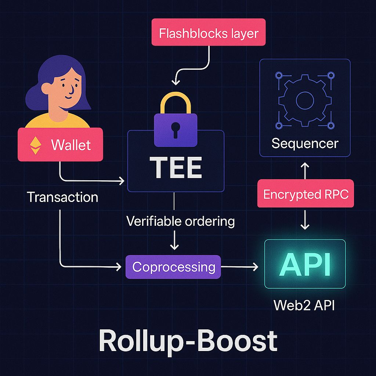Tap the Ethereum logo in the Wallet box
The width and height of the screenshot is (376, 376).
[36, 145]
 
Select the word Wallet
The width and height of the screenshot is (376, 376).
[71, 145]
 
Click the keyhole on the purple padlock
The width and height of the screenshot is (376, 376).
[175, 129]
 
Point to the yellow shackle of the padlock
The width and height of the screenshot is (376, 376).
[176, 101]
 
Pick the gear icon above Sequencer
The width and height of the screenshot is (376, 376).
[304, 101]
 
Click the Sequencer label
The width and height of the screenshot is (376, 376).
[304, 143]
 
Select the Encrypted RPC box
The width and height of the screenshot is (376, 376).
[305, 194]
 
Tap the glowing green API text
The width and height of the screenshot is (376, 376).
[305, 264]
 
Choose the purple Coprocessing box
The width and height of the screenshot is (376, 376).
[173, 267]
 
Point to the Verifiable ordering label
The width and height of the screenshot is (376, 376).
[180, 221]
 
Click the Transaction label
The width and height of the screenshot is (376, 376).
[62, 197]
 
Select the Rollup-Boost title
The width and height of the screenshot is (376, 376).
[188, 340]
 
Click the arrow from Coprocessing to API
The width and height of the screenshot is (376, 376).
[240, 267]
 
